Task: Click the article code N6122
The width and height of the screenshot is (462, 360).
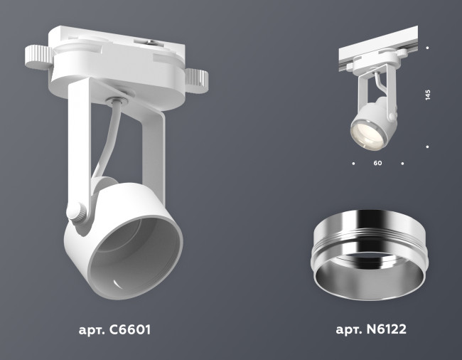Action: [388, 330]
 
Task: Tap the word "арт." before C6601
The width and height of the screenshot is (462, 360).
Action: [92, 330]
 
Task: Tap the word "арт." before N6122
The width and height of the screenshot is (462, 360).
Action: [349, 330]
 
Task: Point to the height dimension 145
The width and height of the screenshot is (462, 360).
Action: [428, 96]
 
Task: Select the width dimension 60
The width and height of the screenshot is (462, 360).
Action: [377, 164]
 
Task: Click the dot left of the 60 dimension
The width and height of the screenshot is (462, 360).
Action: [353, 164]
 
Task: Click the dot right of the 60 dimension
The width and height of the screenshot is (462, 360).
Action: [402, 164]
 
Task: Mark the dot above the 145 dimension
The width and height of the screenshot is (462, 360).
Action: [427, 48]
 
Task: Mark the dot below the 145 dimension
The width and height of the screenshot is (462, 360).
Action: [427, 147]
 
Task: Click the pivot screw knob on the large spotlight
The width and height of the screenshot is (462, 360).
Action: [76, 212]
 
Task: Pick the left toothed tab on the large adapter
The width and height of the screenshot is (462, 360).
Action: [36, 56]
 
